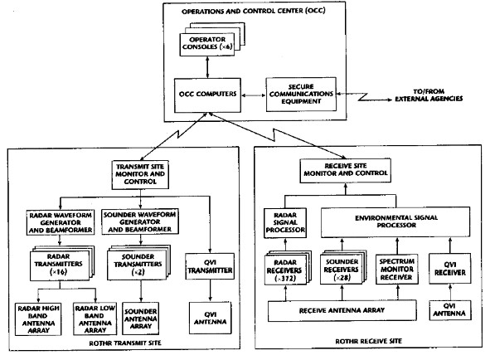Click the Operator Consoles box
click(207, 44)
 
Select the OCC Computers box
click(207, 95)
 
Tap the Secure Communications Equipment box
click(301, 94)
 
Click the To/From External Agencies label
click(429, 95)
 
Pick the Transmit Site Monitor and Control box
click(140, 175)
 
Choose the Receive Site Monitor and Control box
click(345, 170)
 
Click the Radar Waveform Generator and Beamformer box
click(61, 222)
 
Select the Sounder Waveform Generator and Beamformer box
click(140, 221)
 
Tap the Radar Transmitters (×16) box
click(60, 265)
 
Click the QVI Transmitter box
click(210, 266)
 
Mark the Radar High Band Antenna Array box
click(38, 319)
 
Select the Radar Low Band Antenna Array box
click(95, 319)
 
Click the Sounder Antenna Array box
click(141, 319)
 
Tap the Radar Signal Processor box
click(285, 223)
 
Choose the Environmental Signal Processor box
click(395, 221)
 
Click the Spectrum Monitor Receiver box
click(397, 270)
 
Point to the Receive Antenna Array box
click(342, 310)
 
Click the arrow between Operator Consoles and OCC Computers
click(207, 67)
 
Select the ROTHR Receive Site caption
click(368, 341)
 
